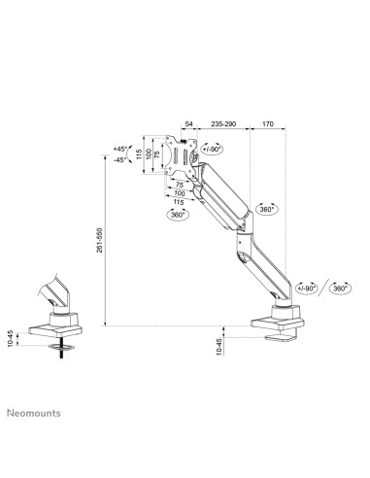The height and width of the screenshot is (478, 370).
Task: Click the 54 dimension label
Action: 188,125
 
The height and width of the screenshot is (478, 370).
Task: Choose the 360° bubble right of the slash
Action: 341,290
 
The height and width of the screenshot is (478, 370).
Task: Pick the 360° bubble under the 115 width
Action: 179,214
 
